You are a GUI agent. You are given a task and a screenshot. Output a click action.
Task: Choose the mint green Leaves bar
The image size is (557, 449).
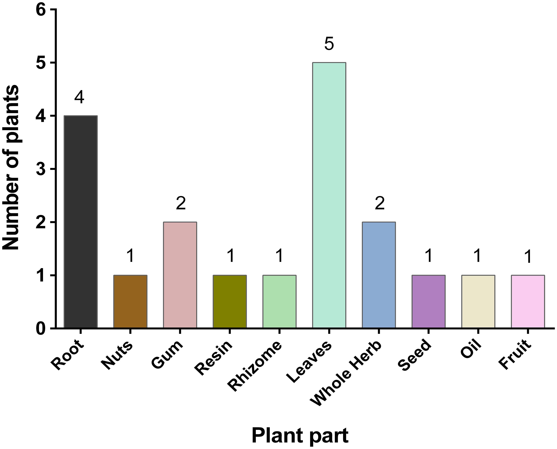tap(329, 195)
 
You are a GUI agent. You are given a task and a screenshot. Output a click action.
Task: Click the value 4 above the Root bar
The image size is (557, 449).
tap(79, 97)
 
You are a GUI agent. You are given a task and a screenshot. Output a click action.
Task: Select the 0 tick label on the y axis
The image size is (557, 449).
tap(42, 329)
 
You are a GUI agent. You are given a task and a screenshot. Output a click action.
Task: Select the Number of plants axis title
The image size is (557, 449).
tap(11, 168)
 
